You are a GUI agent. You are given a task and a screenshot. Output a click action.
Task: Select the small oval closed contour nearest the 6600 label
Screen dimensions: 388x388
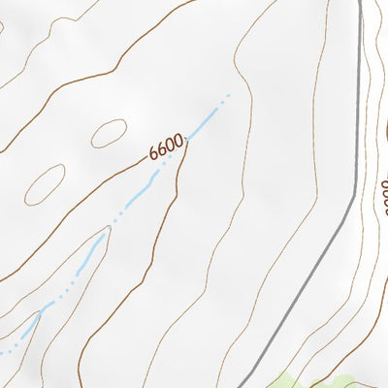click(109, 132)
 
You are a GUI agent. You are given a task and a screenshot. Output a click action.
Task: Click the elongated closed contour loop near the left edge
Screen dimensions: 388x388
click(45, 184)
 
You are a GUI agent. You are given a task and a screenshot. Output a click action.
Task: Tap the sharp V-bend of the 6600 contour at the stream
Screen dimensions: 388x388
click(186, 143)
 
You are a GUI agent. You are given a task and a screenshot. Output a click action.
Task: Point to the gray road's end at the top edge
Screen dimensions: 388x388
click(361, 2)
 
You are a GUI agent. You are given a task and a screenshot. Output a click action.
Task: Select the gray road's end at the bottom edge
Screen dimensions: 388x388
click(239, 385)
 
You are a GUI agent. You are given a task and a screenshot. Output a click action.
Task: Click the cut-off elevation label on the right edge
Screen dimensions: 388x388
click(384, 198)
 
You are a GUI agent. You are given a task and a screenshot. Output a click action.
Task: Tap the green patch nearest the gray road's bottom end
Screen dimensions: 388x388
click(291, 381)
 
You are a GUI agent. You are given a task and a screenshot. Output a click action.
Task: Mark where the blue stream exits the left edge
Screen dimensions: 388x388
click(2, 350)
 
